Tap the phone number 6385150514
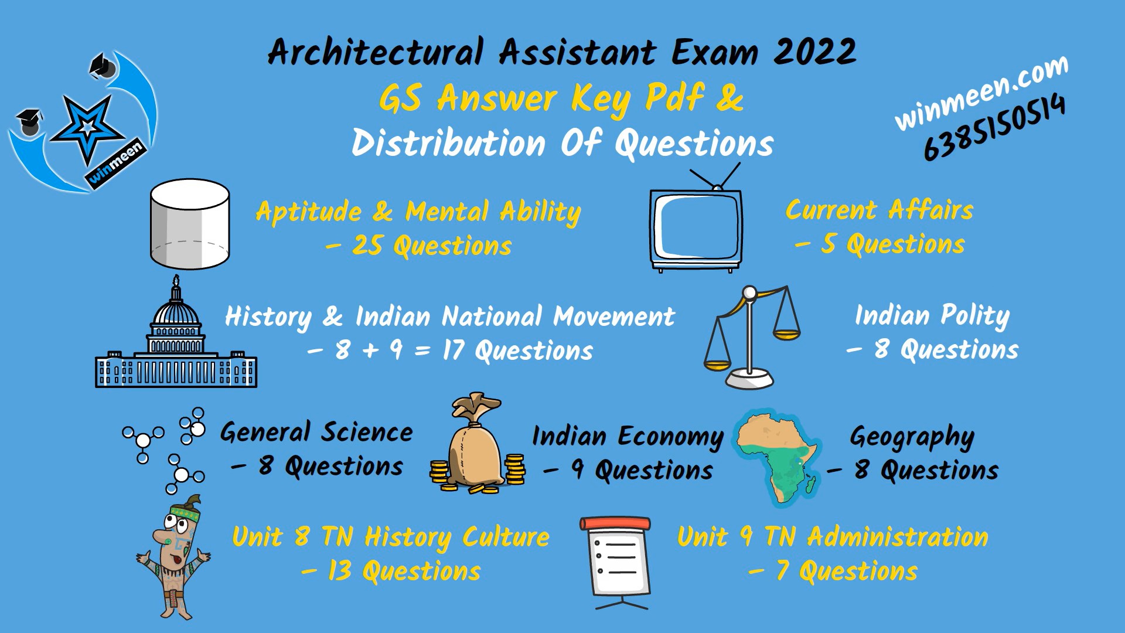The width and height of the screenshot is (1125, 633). [994, 128]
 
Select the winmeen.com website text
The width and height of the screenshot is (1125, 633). [981, 93]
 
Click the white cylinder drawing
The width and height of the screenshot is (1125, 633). [189, 224]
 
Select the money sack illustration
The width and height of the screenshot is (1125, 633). [476, 445]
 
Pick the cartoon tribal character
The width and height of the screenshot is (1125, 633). [175, 557]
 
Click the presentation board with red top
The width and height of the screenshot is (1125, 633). [615, 560]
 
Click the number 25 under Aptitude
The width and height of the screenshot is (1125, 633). [368, 246]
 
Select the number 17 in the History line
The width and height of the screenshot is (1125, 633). [454, 350]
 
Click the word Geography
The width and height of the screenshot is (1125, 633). [912, 437]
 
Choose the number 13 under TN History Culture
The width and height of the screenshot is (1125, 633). [339, 571]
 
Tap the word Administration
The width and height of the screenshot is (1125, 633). [898, 537]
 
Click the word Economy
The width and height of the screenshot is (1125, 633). [670, 437]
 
